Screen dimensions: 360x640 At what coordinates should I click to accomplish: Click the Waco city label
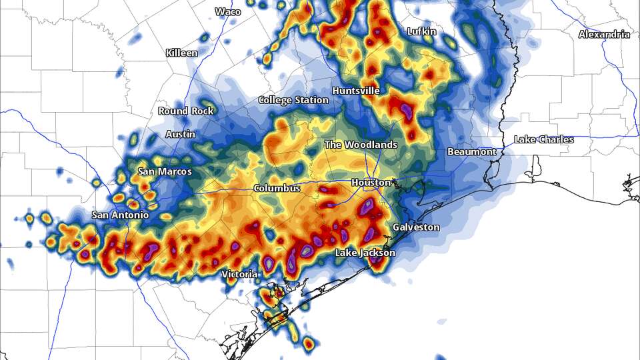228,11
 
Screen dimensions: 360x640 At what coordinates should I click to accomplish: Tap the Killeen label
182,53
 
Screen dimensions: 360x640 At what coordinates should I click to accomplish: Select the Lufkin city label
421,31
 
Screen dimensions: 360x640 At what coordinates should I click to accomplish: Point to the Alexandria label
603,34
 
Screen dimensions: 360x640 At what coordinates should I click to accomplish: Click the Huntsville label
356,90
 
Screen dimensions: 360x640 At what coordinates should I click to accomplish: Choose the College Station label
293,100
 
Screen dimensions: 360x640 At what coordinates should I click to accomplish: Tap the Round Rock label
186,111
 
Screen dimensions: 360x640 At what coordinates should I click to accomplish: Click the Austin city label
181,134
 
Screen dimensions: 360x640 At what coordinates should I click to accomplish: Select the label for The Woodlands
361,145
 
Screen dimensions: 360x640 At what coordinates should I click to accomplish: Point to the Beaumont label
471,152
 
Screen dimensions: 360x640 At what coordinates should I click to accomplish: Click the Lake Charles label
543,139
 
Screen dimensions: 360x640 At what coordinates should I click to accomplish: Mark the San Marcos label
165,171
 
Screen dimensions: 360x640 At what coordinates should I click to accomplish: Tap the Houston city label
371,182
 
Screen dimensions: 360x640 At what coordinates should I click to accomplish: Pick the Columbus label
277,189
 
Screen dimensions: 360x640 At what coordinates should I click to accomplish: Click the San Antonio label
120,215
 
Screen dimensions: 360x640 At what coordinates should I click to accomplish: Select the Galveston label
416,227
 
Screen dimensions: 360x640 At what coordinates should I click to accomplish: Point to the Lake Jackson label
365,253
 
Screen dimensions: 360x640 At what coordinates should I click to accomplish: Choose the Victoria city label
239,274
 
